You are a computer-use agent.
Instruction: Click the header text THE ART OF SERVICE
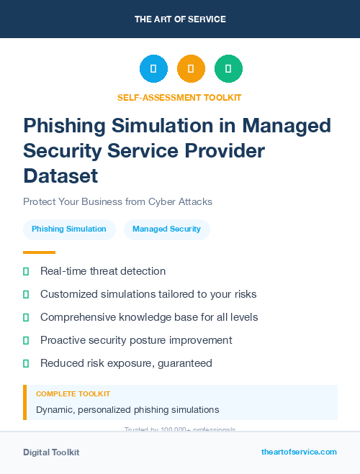click(x=180, y=19)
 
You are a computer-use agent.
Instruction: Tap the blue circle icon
click(x=153, y=69)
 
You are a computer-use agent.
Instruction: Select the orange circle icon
click(x=191, y=69)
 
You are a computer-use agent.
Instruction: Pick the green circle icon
click(x=228, y=69)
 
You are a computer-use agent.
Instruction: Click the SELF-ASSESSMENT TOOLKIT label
click(x=179, y=97)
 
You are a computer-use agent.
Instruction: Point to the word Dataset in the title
click(x=60, y=175)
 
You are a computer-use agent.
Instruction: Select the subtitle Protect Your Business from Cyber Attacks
click(x=117, y=201)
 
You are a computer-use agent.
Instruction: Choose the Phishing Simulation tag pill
click(x=69, y=229)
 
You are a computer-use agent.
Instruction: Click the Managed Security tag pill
click(x=166, y=229)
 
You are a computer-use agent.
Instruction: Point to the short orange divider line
click(x=39, y=252)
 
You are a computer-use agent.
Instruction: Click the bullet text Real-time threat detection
click(x=103, y=271)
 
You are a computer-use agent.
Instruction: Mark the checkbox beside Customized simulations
click(x=26, y=294)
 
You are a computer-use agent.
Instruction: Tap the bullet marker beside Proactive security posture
click(x=26, y=340)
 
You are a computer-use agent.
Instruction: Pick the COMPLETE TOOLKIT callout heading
click(x=73, y=394)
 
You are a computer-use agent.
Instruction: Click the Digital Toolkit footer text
click(x=51, y=452)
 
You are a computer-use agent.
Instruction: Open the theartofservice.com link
click(x=299, y=452)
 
